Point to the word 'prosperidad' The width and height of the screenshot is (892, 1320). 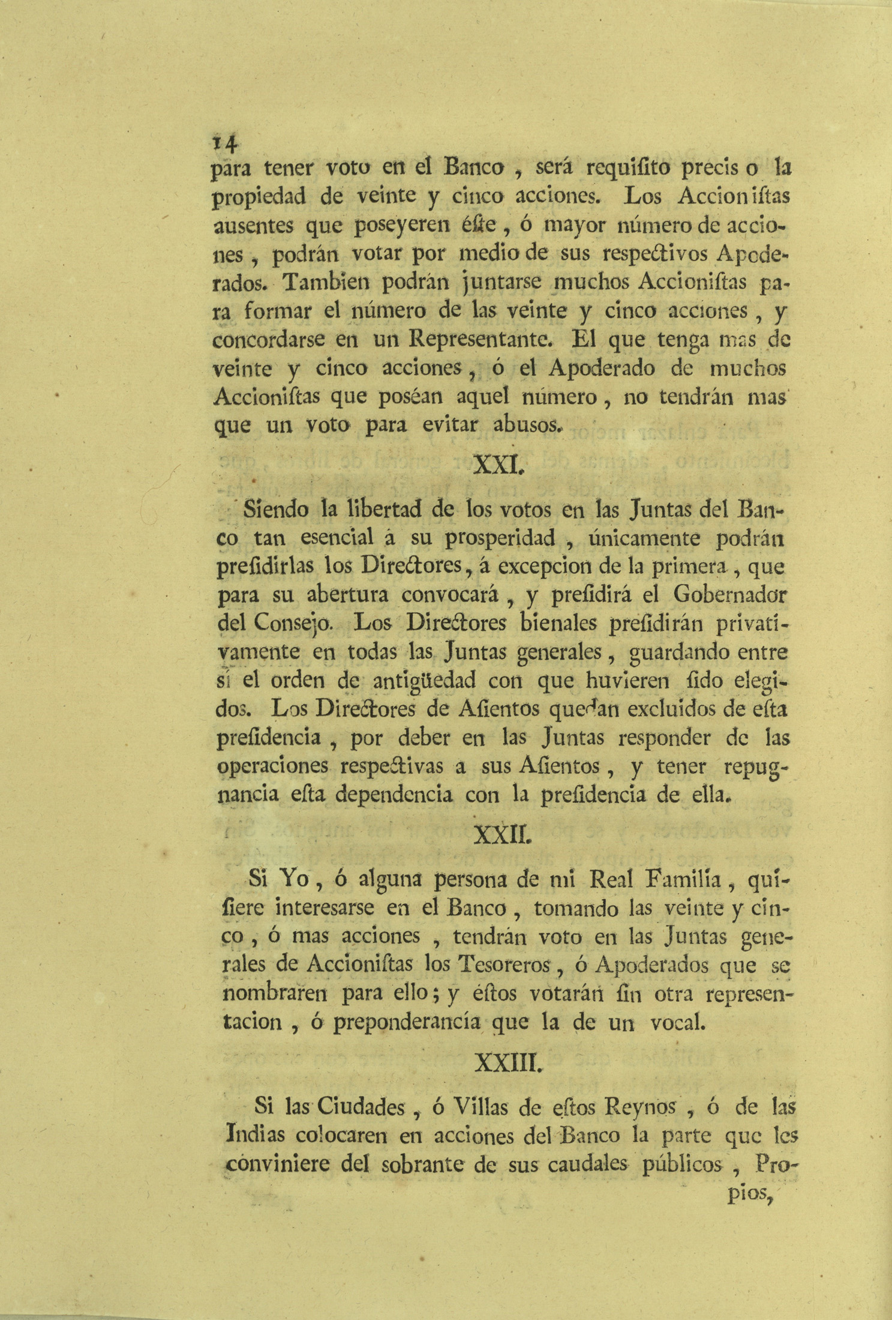pyautogui.click(x=500, y=538)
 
